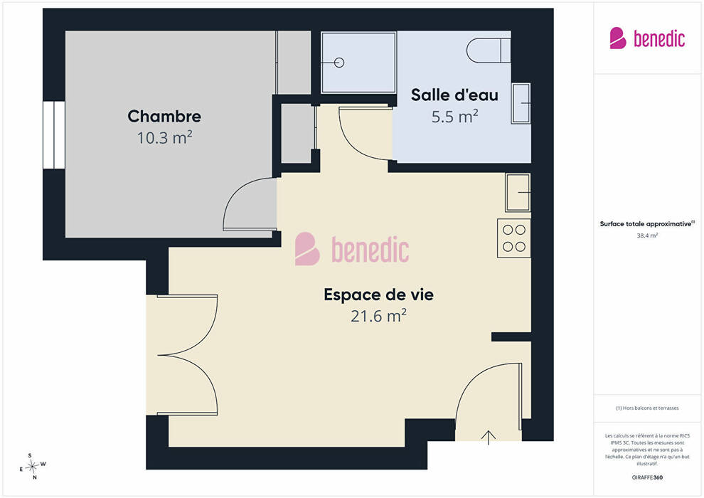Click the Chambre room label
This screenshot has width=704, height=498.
coord(164,116)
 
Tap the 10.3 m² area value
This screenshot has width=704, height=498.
coord(164,137)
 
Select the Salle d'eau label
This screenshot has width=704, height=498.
coord(454,95)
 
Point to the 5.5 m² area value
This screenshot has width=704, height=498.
coord(454,116)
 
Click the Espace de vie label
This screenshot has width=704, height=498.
coord(378,295)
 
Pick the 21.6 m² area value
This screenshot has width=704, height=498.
coord(378,316)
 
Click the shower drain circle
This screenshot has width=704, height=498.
coord(339,63)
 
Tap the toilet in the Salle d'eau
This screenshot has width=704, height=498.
coord(489,51)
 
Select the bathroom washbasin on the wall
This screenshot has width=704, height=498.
coord(521,103)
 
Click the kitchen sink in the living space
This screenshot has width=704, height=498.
coord(518,192)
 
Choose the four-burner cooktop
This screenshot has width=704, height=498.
coord(513,238)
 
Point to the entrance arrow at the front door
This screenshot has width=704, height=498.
coord(489,438)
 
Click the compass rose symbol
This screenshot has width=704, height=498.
coord(32,467)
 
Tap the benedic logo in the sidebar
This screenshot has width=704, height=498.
coord(647,38)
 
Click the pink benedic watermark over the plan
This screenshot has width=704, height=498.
coord(352,249)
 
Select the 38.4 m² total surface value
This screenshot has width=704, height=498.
coord(647,235)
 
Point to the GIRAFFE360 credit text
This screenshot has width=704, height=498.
coord(647,477)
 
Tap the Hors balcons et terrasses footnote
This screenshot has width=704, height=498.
coord(647,408)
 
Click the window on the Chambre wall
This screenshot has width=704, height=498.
coord(54,135)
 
